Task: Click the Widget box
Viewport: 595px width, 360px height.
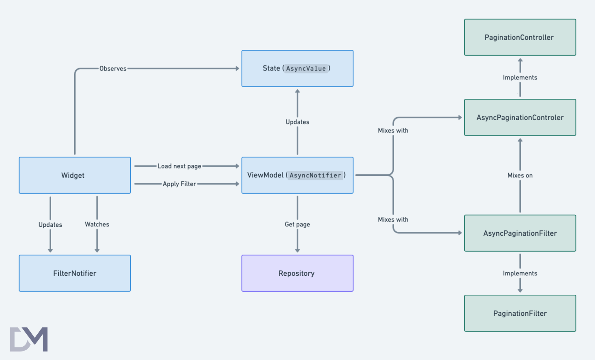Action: (75, 175)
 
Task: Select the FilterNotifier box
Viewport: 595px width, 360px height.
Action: (75, 273)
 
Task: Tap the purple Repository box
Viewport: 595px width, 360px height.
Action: (297, 273)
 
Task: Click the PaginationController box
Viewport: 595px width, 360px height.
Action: (520, 37)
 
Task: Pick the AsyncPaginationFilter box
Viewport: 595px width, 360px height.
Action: (520, 233)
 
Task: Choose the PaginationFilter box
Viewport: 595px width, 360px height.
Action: (520, 313)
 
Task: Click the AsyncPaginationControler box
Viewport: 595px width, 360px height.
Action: (520, 117)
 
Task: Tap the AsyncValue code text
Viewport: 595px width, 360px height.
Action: (306, 68)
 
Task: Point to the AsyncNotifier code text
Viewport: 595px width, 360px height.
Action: (315, 175)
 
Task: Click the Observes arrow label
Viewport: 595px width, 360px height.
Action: (113, 69)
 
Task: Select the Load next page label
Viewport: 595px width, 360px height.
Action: (179, 166)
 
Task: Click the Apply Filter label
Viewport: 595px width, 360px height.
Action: (179, 184)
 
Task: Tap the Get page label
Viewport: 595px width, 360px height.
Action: (297, 224)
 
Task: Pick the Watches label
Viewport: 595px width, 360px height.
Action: (97, 224)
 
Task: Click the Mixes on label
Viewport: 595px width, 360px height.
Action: (520, 175)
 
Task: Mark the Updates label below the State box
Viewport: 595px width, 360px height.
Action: (297, 122)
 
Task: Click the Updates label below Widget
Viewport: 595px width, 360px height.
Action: (50, 225)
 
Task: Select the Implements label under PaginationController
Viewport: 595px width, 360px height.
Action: (520, 77)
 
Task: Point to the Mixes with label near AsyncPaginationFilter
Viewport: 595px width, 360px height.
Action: (393, 219)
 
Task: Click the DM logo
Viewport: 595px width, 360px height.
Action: (29, 339)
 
